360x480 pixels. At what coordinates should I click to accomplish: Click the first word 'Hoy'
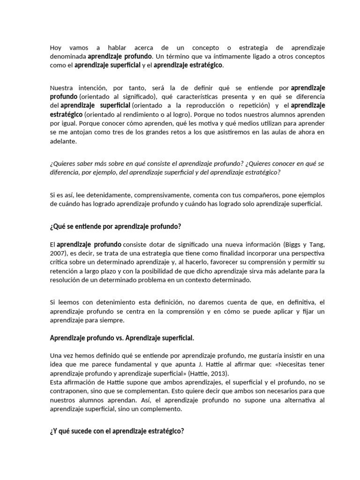[55, 48]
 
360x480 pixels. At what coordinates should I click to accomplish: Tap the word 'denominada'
[67, 56]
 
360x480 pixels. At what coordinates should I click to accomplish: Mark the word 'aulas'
[267, 132]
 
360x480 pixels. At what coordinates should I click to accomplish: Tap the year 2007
[58, 253]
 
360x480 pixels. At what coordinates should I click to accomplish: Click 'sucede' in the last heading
[81, 431]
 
